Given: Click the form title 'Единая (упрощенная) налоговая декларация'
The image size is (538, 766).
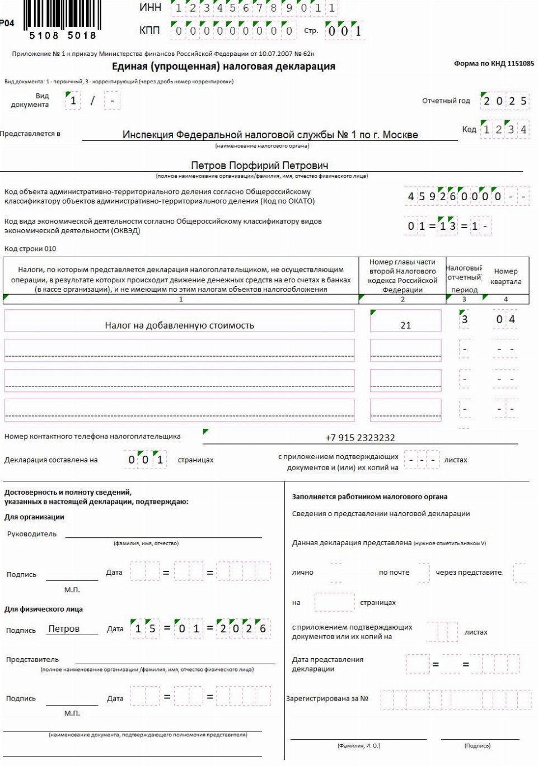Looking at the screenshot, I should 223,67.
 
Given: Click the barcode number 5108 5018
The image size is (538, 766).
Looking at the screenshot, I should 62,36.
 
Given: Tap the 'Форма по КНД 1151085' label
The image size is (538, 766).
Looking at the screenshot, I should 494,64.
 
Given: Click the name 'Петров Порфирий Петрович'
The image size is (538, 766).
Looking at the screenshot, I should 260,166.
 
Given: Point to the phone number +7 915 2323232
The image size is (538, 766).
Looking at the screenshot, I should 360,438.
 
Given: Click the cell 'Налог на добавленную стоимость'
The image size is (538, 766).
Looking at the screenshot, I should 179,325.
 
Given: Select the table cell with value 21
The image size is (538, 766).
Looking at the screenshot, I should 405,325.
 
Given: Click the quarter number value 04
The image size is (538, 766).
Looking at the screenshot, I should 506,320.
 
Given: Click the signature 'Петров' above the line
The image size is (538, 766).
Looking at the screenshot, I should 64,629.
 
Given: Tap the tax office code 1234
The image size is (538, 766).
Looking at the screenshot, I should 504,130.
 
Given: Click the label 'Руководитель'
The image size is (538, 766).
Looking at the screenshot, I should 32,534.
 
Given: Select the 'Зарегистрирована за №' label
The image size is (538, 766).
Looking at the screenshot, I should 328,698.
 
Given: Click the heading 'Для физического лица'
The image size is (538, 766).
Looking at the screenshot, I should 44,609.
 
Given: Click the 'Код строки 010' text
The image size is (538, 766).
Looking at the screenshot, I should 30,249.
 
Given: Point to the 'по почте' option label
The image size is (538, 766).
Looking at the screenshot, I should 394,573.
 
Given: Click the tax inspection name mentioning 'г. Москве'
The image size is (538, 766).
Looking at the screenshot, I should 270,135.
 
